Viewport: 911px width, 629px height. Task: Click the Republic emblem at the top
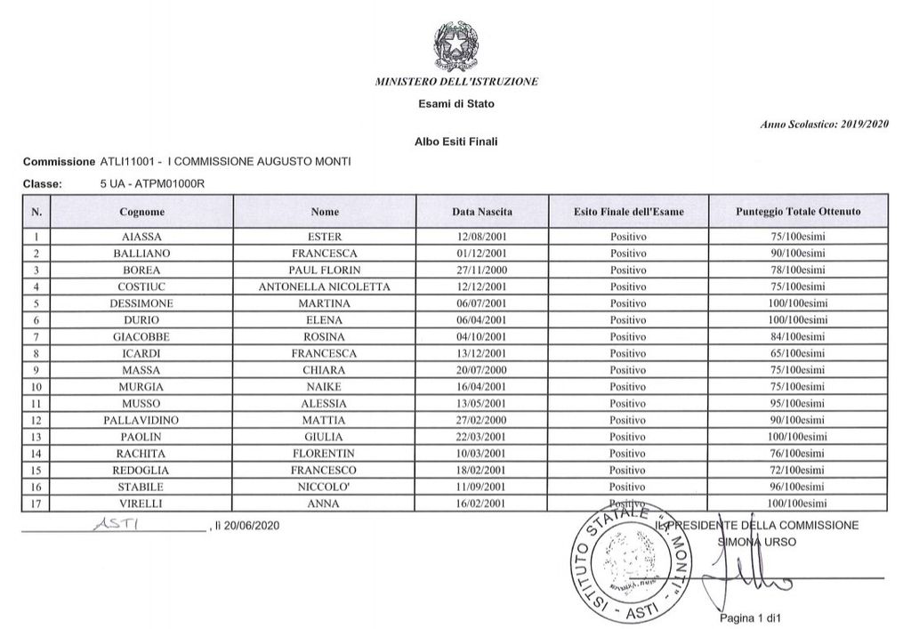(x=456, y=45)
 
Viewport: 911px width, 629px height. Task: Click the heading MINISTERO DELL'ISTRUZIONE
(x=456, y=82)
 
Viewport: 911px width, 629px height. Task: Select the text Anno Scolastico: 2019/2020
(x=825, y=125)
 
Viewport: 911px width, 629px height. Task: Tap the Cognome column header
(x=141, y=212)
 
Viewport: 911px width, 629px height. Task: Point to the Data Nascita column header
(x=482, y=212)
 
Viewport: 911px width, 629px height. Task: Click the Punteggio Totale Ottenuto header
(x=798, y=212)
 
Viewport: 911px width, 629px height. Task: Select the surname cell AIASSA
(x=141, y=238)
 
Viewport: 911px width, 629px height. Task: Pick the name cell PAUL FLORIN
(x=325, y=270)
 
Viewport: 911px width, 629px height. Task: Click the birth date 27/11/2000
(x=481, y=270)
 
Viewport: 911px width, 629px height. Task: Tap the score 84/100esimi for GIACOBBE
(x=798, y=335)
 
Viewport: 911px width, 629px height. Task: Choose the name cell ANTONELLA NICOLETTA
(x=325, y=286)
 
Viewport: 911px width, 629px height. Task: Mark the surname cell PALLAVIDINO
(x=141, y=419)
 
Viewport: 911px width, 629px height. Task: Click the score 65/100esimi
(x=798, y=352)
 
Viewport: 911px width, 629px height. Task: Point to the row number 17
(x=36, y=504)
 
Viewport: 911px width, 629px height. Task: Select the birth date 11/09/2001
(x=481, y=487)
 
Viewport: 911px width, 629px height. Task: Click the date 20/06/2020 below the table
(x=250, y=526)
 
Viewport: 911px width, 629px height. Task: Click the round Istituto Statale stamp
(x=627, y=564)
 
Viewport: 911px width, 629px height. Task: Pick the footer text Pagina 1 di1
(x=748, y=617)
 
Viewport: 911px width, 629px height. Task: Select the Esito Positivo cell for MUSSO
(x=628, y=402)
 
